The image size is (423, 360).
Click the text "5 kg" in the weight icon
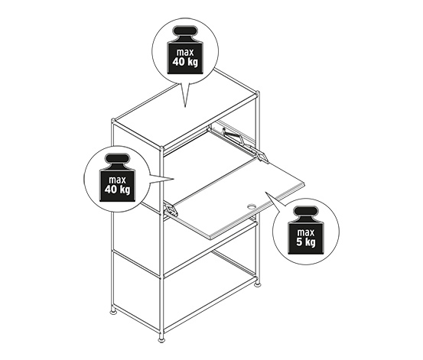(x=306, y=242)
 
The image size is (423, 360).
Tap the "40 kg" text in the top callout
(x=185, y=62)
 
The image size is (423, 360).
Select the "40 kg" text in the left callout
(x=117, y=189)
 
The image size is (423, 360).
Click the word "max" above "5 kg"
(x=306, y=232)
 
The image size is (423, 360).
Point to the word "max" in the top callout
(x=185, y=52)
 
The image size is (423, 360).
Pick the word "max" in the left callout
(x=117, y=180)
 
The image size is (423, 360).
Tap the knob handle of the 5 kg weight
(x=306, y=211)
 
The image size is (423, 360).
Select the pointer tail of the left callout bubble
(x=161, y=179)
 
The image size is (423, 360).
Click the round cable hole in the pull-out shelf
(x=252, y=207)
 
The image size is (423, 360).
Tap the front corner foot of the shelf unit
(x=161, y=339)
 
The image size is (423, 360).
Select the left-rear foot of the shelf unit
(x=113, y=312)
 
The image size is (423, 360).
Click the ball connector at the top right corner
(x=258, y=93)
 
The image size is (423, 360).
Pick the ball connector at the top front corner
(x=161, y=149)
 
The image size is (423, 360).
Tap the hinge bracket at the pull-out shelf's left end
(x=171, y=211)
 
